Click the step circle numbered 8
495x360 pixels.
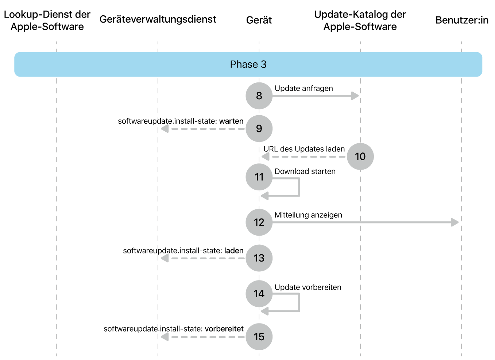pyautogui.click(x=259, y=96)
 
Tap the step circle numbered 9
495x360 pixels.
pyautogui.click(x=259, y=128)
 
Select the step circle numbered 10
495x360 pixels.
pyautogui.click(x=360, y=156)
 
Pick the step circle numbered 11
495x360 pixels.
pyautogui.click(x=259, y=177)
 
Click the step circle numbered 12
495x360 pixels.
pyautogui.click(x=259, y=222)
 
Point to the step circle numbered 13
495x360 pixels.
pyautogui.click(x=259, y=258)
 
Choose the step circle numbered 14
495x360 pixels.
pyautogui.click(x=259, y=294)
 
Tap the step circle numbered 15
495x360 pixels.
pyautogui.click(x=259, y=337)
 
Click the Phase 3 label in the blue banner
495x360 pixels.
pyautogui.click(x=248, y=65)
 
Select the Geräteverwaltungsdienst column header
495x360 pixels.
pyautogui.click(x=158, y=19)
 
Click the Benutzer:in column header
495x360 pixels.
pyautogui.click(x=462, y=20)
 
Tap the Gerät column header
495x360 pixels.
pyautogui.click(x=259, y=20)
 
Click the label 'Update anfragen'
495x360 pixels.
pyautogui.click(x=303, y=88)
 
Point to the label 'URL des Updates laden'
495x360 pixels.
pyautogui.click(x=304, y=149)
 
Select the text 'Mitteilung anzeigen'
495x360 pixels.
pyautogui.click(x=308, y=215)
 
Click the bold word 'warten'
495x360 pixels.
pyautogui.click(x=231, y=121)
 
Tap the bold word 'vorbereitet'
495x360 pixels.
pyautogui.click(x=224, y=329)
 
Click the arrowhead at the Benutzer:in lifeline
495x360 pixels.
pyautogui.click(x=455, y=222)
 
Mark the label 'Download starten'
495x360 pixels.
pyautogui.click(x=305, y=171)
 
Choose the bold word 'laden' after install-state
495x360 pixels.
pyautogui.click(x=234, y=251)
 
